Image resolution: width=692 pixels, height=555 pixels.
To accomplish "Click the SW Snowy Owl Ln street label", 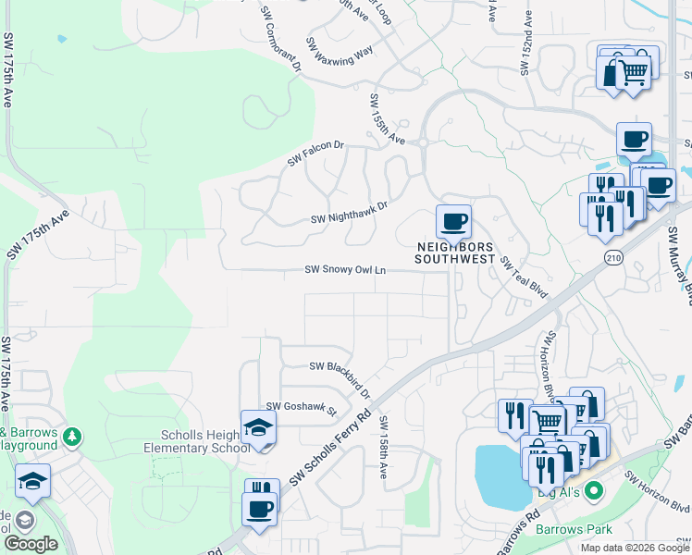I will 345,271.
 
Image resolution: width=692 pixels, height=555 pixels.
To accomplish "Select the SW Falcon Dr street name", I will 315,154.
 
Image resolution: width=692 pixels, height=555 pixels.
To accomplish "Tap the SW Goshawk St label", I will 302,407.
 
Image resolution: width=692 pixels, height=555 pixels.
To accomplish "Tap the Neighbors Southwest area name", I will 454,253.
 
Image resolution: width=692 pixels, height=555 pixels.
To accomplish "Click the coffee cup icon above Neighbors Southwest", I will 453,222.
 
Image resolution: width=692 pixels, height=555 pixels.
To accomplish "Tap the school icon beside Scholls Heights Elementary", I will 258,427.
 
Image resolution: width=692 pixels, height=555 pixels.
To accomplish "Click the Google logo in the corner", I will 31,544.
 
